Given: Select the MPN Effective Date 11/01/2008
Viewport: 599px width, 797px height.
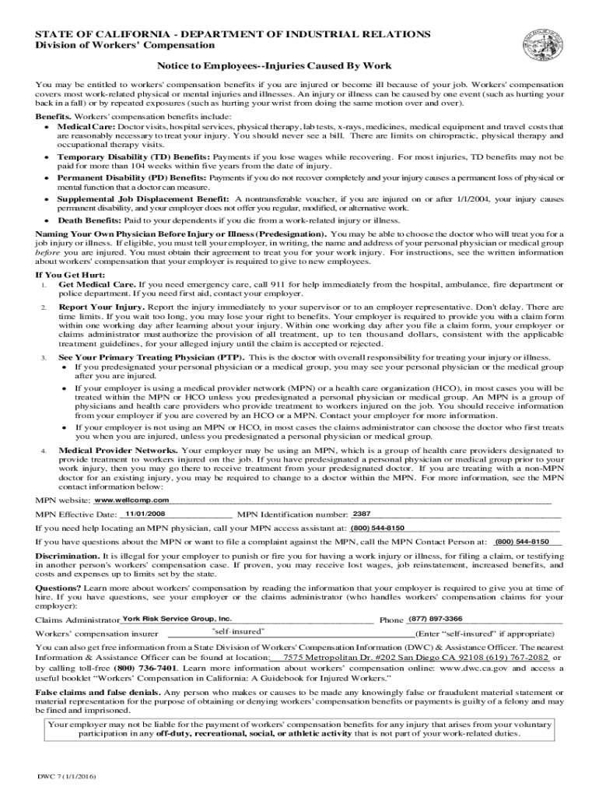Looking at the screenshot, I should (x=145, y=514).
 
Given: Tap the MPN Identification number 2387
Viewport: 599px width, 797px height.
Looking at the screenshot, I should (x=362, y=514).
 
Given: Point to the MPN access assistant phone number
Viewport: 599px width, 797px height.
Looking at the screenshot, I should (x=377, y=528).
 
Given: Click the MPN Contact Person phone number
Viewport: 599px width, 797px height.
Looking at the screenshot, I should (x=522, y=541).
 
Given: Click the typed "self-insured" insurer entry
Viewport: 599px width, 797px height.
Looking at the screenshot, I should (x=238, y=630).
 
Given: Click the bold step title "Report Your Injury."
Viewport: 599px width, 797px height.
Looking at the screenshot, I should (x=101, y=308).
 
